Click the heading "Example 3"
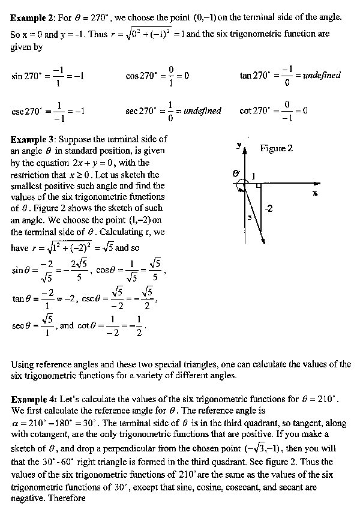[x=34, y=139]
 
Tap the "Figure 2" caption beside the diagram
[x=277, y=148]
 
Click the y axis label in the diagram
[x=239, y=145]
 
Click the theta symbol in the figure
[x=236, y=173]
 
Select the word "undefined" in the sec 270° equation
[x=202, y=111]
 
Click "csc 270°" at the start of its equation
[x=26, y=112]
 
